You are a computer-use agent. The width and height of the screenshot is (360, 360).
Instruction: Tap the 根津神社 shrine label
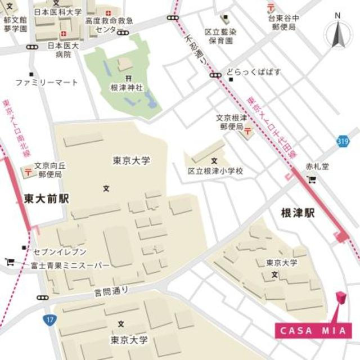(127, 87)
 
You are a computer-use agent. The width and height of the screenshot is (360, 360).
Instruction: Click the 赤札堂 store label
(316, 167)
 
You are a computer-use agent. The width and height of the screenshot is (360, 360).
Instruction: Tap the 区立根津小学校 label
(215, 170)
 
